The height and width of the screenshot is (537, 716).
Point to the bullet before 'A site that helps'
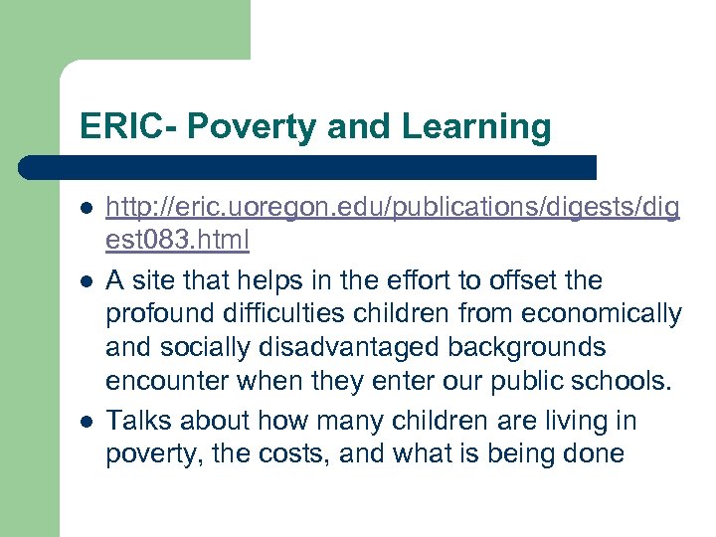[87, 281]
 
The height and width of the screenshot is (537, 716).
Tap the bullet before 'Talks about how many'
[87, 420]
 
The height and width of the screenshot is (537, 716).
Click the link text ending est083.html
[177, 242]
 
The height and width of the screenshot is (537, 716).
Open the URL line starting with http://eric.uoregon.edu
[393, 208]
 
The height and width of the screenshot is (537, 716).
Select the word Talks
[135, 420]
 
